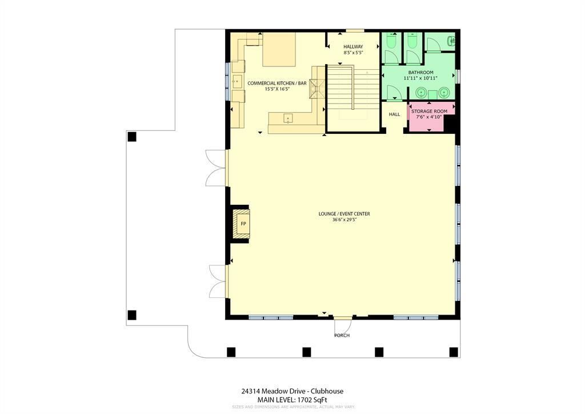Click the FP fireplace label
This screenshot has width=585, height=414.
[x=243, y=224]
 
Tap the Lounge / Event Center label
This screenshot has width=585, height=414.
[x=344, y=214]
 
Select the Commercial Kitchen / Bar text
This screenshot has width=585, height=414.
[x=277, y=83]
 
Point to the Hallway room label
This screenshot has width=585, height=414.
[x=353, y=47]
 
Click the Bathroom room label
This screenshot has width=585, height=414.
[x=420, y=73]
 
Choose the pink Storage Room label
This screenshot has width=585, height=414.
[x=429, y=112]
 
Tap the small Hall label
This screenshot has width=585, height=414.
[x=394, y=114]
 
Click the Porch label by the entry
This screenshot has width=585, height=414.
[x=342, y=336]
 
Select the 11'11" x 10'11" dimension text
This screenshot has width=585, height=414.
[x=420, y=78]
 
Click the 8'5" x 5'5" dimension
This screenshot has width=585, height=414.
[x=353, y=53]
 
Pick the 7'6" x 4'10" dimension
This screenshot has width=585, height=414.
[x=429, y=117]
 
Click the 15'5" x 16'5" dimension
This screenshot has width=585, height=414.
[x=277, y=89]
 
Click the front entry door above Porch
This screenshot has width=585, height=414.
[x=342, y=318]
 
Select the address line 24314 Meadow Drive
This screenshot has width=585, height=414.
[x=292, y=391]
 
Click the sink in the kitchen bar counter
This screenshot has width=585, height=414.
[x=288, y=119]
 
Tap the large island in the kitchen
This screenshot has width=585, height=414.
[x=279, y=49]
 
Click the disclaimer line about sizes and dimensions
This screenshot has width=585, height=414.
[x=293, y=407]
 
